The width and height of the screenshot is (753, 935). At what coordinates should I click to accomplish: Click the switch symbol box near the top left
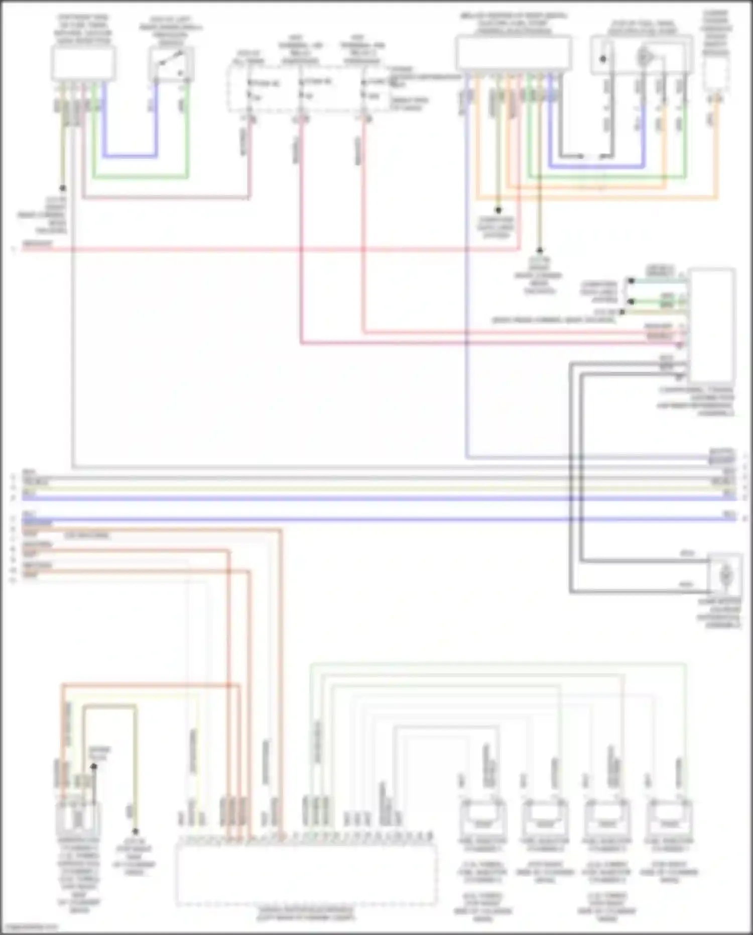point(171,65)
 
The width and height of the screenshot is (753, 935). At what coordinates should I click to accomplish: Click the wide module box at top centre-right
point(514,53)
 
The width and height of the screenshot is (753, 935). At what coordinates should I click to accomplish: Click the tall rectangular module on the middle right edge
point(712,327)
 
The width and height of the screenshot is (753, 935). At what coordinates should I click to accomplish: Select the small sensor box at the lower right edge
point(725,573)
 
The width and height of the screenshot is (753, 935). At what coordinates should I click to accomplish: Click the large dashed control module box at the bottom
point(306,874)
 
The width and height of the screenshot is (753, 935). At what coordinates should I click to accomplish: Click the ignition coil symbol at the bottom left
point(78,819)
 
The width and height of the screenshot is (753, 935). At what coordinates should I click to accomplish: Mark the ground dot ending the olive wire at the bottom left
point(135,832)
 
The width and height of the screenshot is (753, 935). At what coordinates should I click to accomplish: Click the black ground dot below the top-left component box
point(63,188)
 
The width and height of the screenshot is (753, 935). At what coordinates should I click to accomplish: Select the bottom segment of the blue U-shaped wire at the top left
point(130,155)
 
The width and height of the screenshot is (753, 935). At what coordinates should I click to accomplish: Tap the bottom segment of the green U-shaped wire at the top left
point(140,177)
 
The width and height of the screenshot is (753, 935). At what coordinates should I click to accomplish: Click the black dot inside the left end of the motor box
point(603,59)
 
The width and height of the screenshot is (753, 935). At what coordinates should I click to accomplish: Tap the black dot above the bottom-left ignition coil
point(93,767)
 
